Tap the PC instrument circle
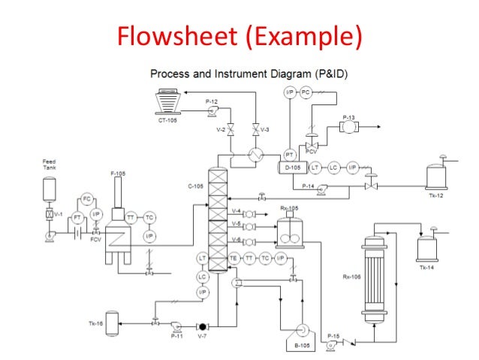[x=305, y=92]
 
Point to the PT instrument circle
[x=288, y=154]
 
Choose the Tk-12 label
[x=436, y=195]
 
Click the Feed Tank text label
[x=49, y=164]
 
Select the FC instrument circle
[x=86, y=199]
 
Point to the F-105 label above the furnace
[x=118, y=174]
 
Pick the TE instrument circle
[x=233, y=258]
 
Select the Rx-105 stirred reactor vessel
[x=288, y=233]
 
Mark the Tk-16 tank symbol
[x=112, y=324]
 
